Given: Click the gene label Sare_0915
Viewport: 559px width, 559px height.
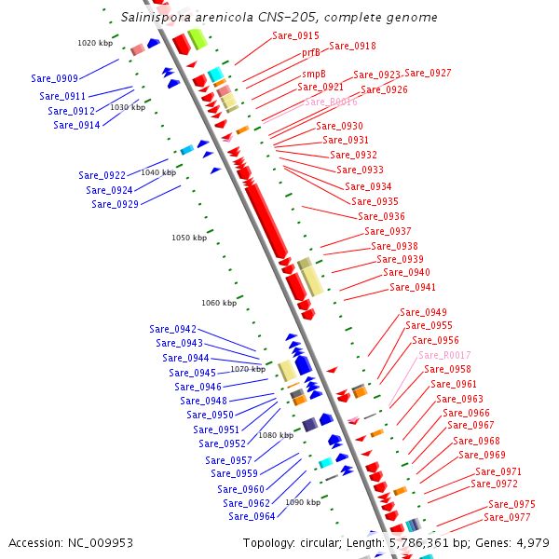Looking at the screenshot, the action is [295, 35].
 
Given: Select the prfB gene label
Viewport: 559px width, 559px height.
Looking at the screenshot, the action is [310, 53].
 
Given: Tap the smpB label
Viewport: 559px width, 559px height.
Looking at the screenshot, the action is [313, 74].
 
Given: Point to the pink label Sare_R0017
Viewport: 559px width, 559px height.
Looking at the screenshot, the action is [443, 355].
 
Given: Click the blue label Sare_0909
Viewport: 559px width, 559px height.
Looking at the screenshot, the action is [54, 79].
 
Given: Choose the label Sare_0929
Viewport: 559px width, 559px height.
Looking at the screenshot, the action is [115, 204].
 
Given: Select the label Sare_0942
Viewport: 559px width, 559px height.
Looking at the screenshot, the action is [172, 329].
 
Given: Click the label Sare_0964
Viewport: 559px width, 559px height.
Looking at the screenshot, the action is [252, 516].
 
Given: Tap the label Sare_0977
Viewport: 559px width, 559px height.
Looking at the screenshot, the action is [507, 517].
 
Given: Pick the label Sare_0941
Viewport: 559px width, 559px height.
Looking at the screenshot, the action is [413, 287].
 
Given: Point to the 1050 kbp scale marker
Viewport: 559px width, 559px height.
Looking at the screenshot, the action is [188, 238].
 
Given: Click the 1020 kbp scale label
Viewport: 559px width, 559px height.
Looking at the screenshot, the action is [94, 43].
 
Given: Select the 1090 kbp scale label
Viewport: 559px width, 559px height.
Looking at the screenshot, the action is [303, 502].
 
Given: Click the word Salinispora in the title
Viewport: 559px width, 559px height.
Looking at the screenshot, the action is [157, 17].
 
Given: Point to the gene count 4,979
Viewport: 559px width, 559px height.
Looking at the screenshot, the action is [532, 542].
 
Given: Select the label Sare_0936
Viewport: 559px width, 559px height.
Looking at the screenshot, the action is [381, 216].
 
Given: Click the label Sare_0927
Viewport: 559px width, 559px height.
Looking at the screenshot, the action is [428, 73].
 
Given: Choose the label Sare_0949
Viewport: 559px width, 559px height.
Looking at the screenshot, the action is [423, 312].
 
